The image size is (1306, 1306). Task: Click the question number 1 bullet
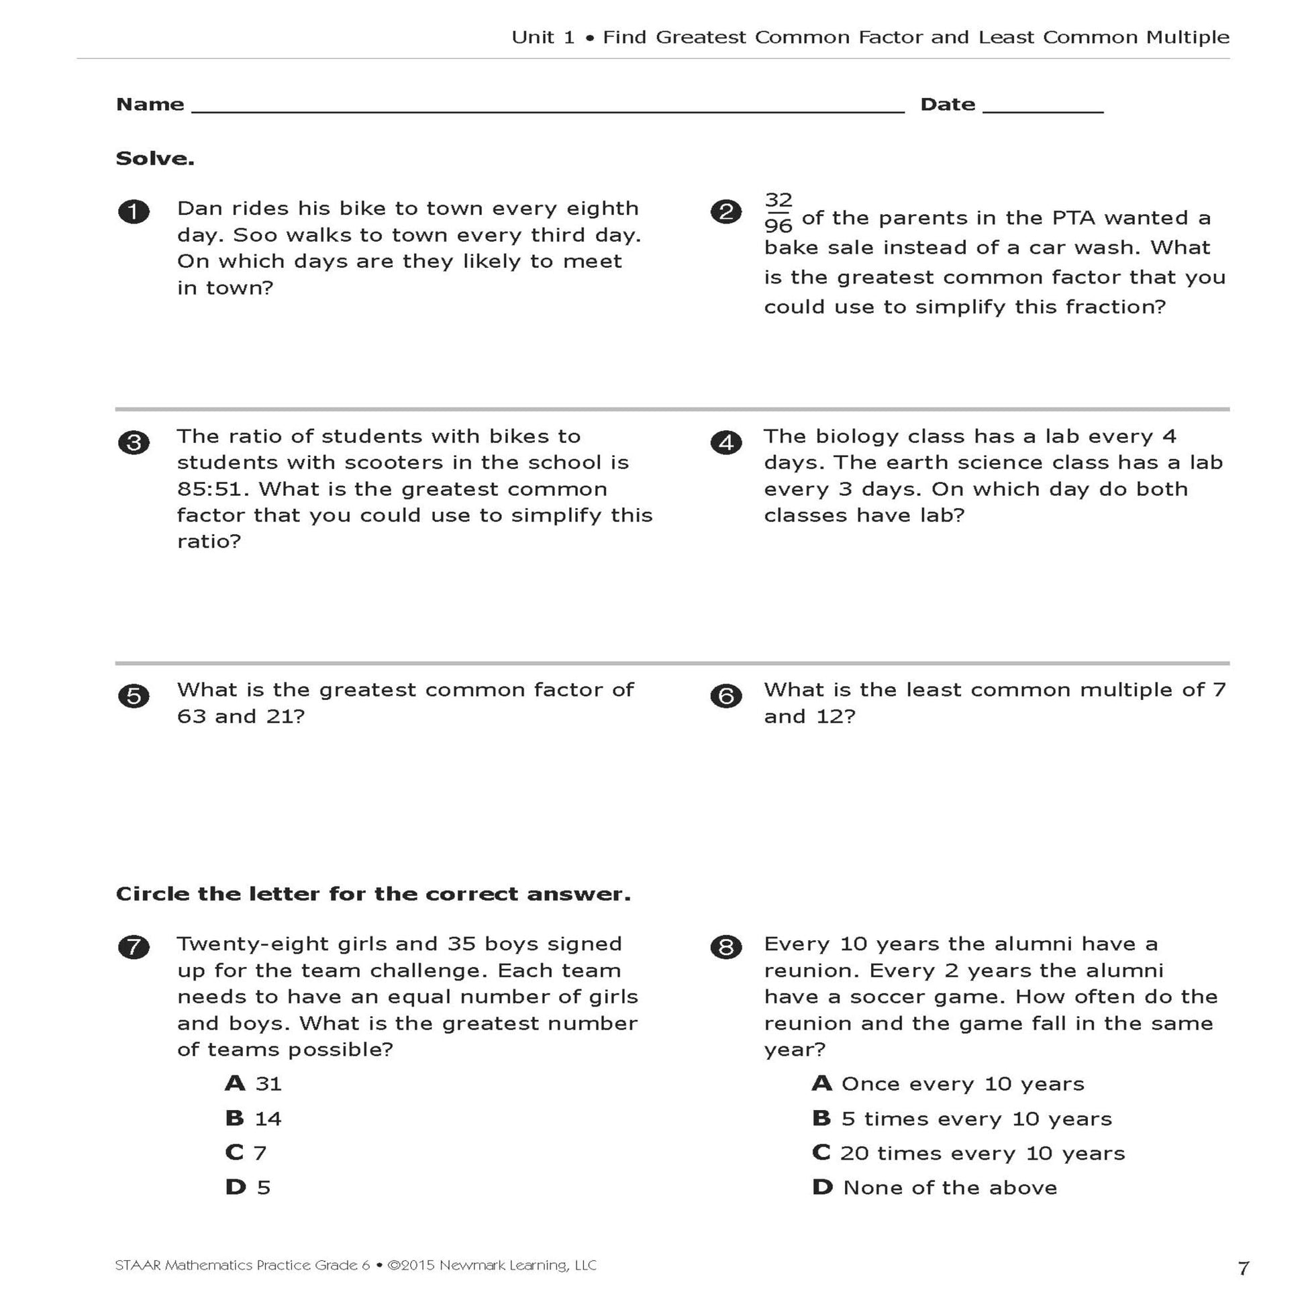(134, 211)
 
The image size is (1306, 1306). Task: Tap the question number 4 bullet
(726, 443)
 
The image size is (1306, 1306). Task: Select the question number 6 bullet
(726, 696)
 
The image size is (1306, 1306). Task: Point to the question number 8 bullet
(726, 947)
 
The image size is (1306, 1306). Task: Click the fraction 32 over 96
(778, 212)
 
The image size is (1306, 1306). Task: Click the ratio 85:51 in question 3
(213, 489)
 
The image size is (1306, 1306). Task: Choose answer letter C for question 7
(234, 1152)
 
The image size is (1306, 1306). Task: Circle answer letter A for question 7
(235, 1083)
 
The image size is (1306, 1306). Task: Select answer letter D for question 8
(822, 1187)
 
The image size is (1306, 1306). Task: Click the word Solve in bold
(155, 158)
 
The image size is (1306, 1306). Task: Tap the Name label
(150, 104)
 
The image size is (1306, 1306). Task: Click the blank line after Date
(1042, 108)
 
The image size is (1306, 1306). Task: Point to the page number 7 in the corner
(1243, 1268)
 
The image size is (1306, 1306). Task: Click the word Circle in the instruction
(153, 894)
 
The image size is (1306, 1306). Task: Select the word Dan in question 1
(200, 208)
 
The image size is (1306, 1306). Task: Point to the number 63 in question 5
(192, 717)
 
